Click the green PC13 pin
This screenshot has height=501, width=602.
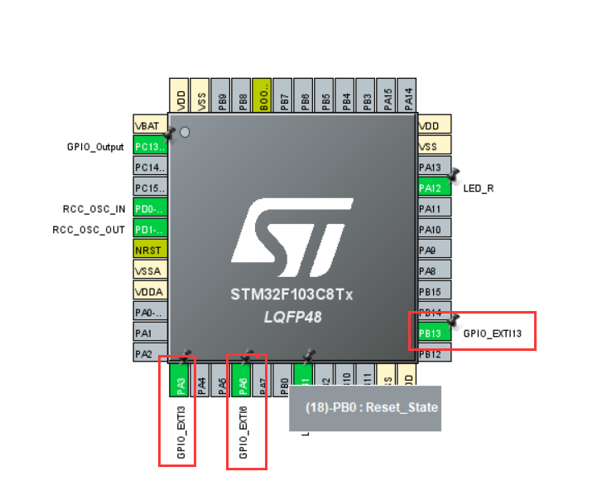[151, 147]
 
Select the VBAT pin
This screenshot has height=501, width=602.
[151, 125]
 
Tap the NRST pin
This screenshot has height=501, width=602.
[151, 250]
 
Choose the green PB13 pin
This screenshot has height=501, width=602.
[432, 333]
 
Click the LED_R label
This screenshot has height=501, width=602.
[479, 188]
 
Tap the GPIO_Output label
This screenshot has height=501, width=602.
[95, 147]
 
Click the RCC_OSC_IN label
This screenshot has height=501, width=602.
[94, 208]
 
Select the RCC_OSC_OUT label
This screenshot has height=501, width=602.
[90, 229]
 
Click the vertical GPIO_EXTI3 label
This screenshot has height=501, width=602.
[181, 432]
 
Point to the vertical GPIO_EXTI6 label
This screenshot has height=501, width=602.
[243, 432]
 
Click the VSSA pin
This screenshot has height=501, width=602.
[151, 270]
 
